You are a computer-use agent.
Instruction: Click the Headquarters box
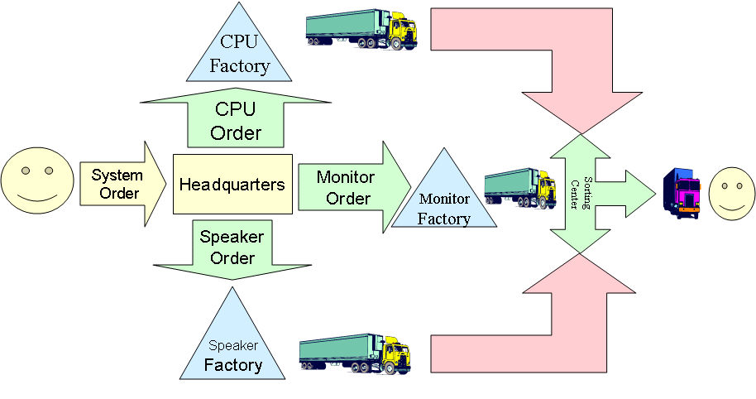(x=232, y=184)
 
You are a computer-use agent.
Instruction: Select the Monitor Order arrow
(x=351, y=186)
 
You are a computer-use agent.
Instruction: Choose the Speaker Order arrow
(x=232, y=247)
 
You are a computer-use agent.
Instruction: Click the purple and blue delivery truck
(x=683, y=192)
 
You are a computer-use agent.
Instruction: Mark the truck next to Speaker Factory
(x=355, y=353)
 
